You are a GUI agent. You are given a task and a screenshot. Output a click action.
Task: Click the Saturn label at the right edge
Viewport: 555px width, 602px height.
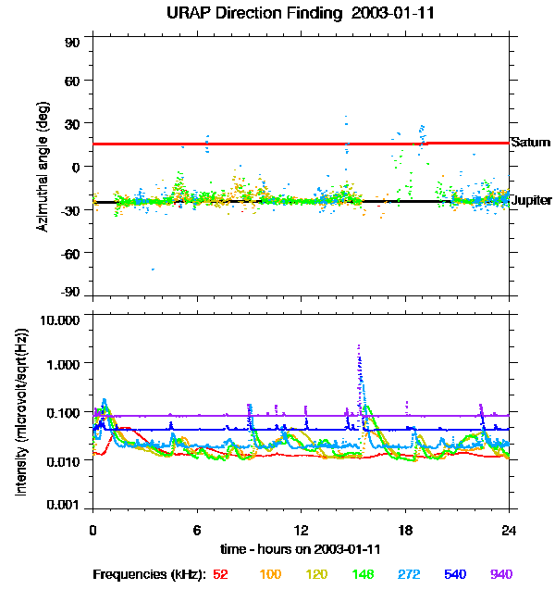coord(531,143)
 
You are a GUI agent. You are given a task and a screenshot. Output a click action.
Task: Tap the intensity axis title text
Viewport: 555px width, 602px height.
coord(22,412)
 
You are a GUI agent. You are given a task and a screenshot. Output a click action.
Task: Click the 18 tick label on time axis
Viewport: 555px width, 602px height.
coord(404,531)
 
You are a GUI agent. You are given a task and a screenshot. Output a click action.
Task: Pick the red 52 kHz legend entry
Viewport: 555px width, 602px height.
coord(220,575)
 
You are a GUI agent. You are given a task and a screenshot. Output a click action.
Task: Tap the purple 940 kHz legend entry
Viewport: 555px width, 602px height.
coord(500,575)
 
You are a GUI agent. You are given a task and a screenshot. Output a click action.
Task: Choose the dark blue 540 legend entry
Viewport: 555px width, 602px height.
coord(453,575)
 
